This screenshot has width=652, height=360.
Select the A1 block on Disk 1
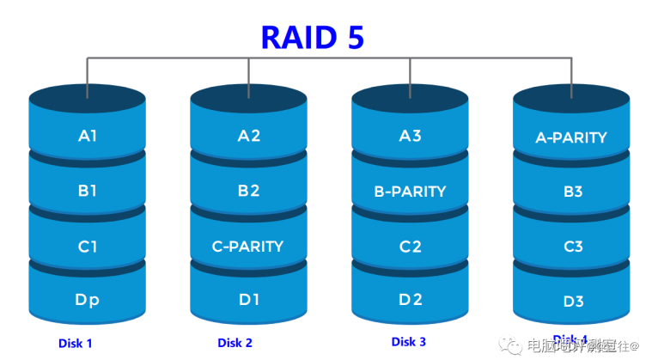coord(87,136)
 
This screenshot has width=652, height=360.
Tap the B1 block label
coord(87,191)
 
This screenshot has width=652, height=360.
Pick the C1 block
coord(87,247)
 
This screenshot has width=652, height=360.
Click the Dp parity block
coord(87,301)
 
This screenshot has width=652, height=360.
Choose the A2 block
coord(248,136)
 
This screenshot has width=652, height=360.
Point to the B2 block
coord(248,191)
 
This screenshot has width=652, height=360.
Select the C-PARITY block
coord(248,247)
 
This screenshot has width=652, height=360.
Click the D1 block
coord(248,301)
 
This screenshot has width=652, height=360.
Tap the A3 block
coord(410,136)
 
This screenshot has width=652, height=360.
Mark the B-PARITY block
coord(410,191)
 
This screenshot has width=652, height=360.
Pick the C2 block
coord(410,247)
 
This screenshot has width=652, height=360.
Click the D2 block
coord(410,301)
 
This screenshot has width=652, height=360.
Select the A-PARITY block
coord(571,137)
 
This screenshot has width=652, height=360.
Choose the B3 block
coord(572,192)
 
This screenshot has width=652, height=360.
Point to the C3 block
coord(572,247)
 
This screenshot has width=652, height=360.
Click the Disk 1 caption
coord(75,344)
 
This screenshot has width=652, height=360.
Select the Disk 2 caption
coord(235,343)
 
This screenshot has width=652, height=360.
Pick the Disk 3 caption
coord(409,342)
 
